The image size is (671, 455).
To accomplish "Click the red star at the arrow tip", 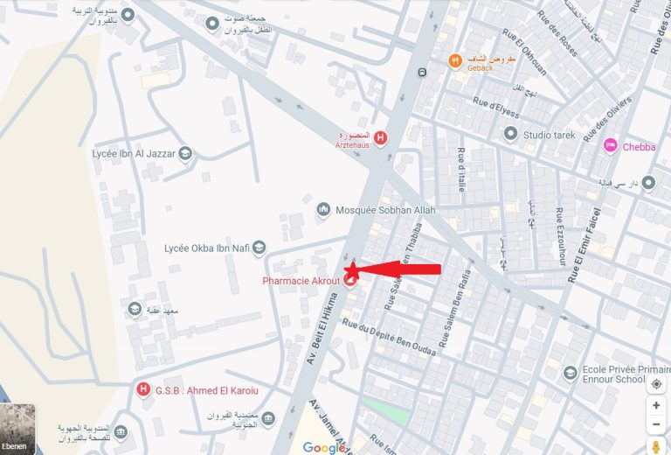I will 352,269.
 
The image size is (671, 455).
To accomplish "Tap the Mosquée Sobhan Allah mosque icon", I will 323,211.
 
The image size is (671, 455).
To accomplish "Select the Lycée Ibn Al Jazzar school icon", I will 185,154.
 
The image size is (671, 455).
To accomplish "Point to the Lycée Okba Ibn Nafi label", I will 207,248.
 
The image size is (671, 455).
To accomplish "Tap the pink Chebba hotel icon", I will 611,146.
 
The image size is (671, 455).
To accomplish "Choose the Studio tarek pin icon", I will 511,134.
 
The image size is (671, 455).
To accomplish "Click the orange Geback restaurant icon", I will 454,60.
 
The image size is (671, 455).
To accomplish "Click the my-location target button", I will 656,383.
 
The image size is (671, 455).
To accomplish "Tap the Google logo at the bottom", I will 324,447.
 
